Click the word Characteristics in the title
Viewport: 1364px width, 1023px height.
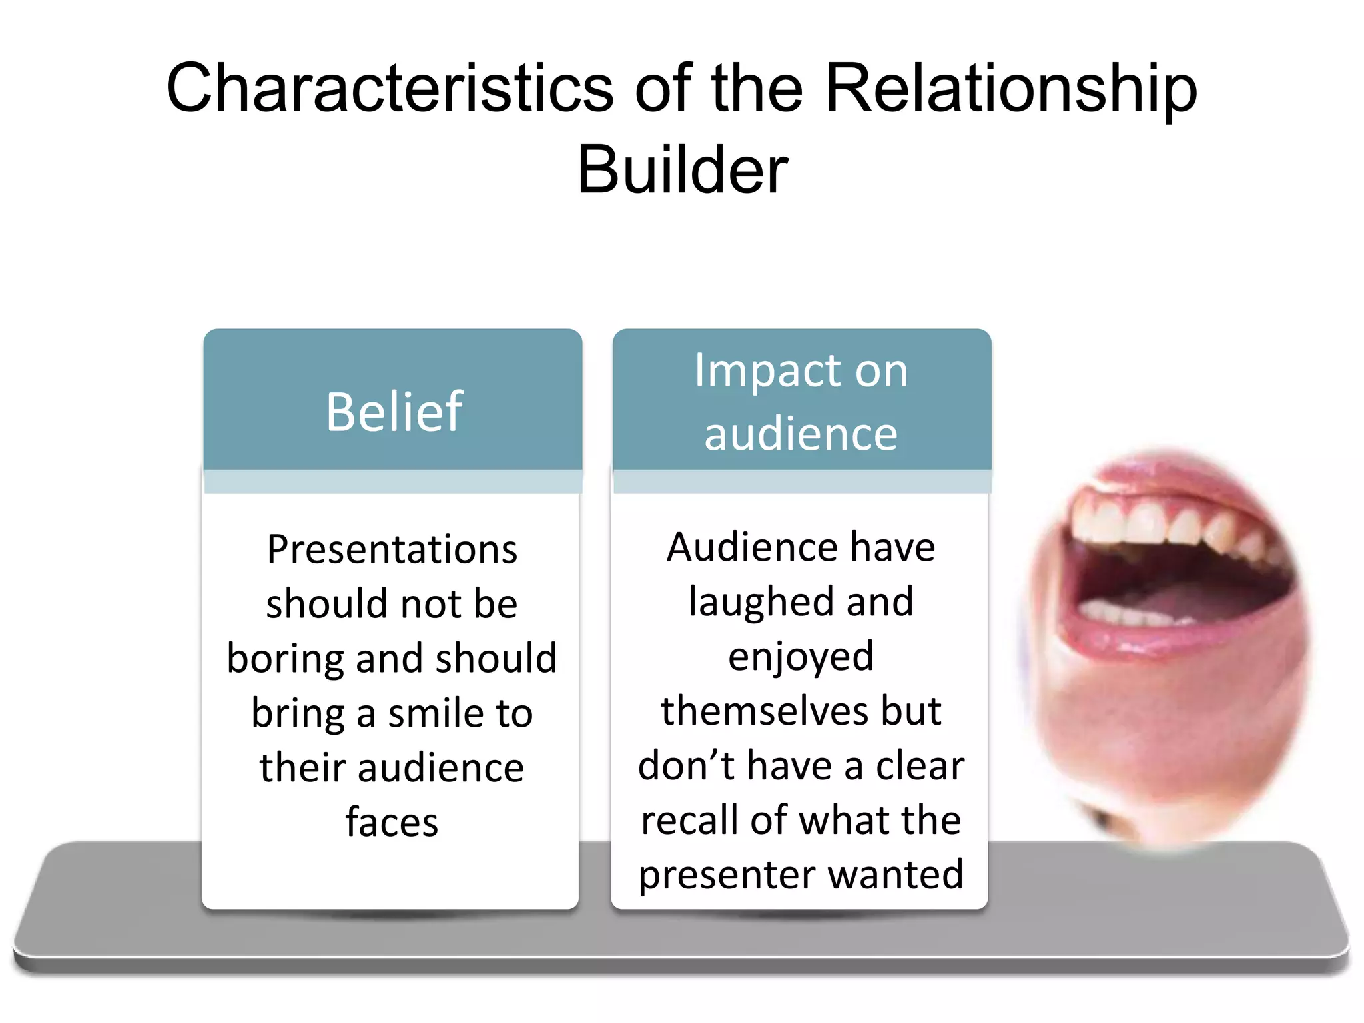[389, 88]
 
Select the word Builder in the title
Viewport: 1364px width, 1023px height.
[682, 170]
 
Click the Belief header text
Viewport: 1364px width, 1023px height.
[394, 412]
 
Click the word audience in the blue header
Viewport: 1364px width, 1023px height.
[801, 434]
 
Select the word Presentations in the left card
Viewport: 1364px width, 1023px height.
[392, 550]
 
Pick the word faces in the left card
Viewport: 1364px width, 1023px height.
[392, 822]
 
